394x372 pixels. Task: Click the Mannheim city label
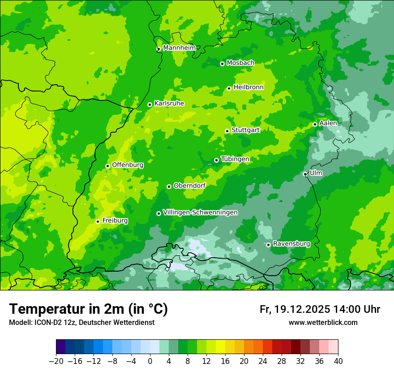pyautogui.click(x=179, y=48)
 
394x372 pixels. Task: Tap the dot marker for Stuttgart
pyautogui.click(x=227, y=131)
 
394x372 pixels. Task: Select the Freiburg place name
pyautogui.click(x=115, y=221)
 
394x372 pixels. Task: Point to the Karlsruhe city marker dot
pyautogui.click(x=150, y=104)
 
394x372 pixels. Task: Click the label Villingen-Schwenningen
pyautogui.click(x=200, y=212)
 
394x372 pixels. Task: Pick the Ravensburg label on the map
pyautogui.click(x=291, y=244)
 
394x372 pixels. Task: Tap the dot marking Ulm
pyautogui.click(x=305, y=174)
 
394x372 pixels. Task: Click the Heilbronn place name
pyautogui.click(x=248, y=87)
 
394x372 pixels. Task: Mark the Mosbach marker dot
pyautogui.click(x=222, y=64)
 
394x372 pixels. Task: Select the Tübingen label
pyautogui.click(x=235, y=159)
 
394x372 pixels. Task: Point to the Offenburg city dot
pyautogui.click(x=107, y=166)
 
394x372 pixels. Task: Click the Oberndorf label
pyautogui.click(x=189, y=186)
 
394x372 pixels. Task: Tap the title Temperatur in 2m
pyautogui.click(x=88, y=309)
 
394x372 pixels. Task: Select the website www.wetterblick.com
pyautogui.click(x=323, y=323)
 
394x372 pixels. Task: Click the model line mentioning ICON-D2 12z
pyautogui.click(x=81, y=323)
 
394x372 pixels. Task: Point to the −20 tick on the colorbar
pyautogui.click(x=56, y=361)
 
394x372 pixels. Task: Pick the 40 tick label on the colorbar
pyautogui.click(x=338, y=361)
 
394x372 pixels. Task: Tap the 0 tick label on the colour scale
pyautogui.click(x=150, y=361)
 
